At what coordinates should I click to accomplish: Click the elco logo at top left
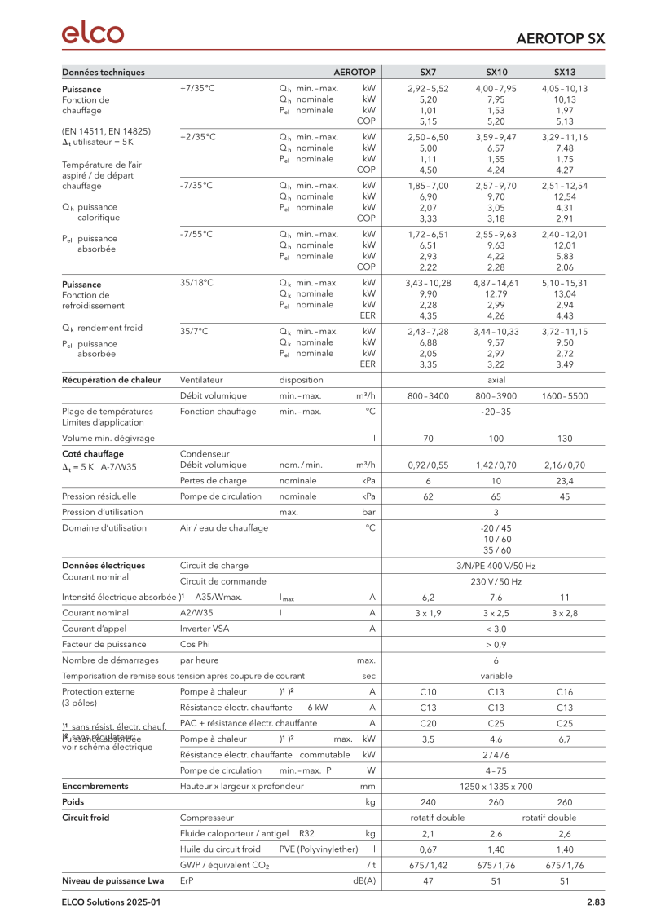click(x=93, y=33)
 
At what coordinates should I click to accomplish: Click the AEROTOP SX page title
click(x=561, y=38)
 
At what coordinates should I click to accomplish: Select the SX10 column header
click(x=496, y=72)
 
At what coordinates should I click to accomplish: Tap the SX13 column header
click(x=564, y=72)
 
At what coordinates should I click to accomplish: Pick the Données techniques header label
click(x=104, y=72)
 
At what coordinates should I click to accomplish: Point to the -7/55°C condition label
click(x=196, y=234)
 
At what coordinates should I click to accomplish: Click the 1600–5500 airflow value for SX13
click(x=564, y=395)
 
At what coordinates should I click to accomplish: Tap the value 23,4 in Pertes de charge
click(x=564, y=481)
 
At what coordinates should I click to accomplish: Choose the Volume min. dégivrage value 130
click(x=564, y=438)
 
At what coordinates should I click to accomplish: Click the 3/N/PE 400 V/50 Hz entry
click(x=496, y=565)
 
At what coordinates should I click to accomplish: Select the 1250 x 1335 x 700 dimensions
click(x=496, y=786)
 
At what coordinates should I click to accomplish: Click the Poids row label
click(x=74, y=802)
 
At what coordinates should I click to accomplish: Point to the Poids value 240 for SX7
click(x=428, y=802)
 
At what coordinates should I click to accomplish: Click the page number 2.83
click(x=595, y=902)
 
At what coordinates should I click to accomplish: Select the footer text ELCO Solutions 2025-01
click(x=112, y=902)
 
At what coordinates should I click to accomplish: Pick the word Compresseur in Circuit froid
click(x=206, y=818)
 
